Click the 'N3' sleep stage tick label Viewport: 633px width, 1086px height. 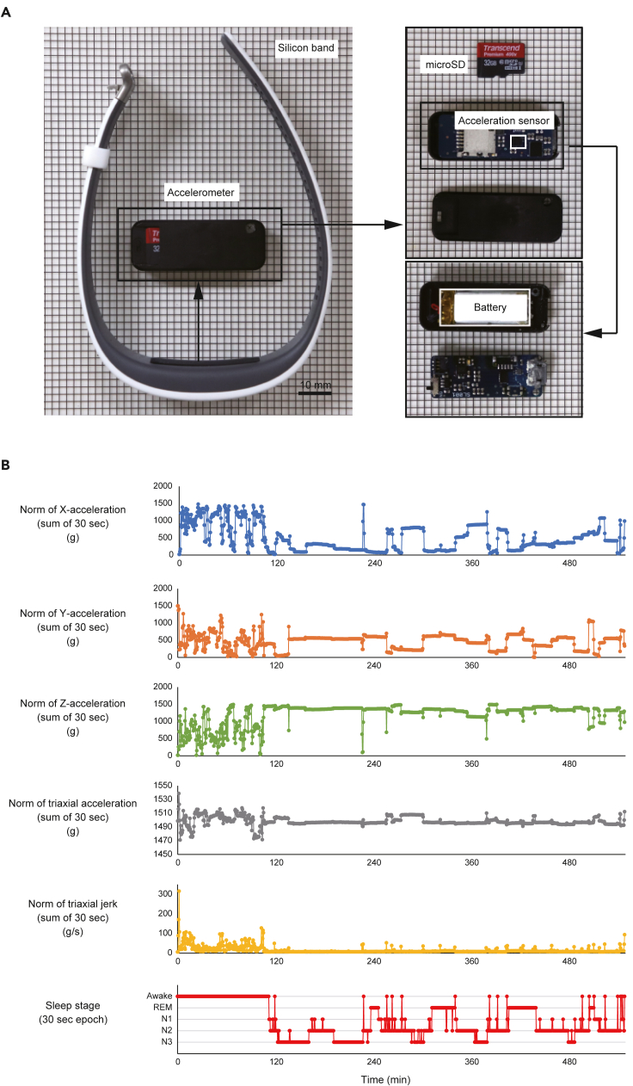164,1042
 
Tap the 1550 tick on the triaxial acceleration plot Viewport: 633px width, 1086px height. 160,786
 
